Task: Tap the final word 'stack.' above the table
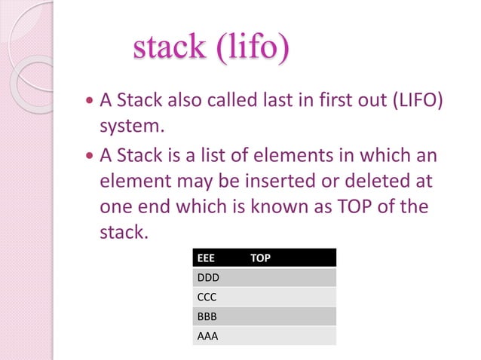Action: (123, 232)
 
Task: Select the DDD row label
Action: (208, 278)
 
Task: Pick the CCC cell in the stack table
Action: (207, 297)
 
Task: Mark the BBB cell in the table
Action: (207, 316)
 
